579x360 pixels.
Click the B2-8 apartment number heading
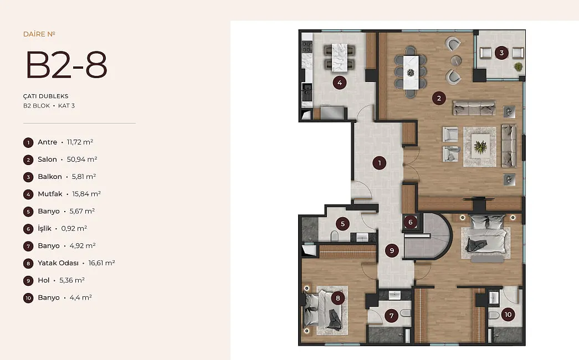[66, 65]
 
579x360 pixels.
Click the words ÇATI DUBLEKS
[46, 96]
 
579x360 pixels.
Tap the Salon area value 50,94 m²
[82, 159]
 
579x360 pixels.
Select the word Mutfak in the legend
[50, 194]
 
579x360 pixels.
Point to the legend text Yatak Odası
[58, 263]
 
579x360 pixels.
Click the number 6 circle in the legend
[28, 229]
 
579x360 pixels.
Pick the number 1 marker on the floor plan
[379, 163]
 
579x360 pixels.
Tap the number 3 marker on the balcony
[501, 53]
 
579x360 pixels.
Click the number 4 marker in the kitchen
[340, 83]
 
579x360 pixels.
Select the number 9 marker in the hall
[392, 251]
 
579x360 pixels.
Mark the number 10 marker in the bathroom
[508, 314]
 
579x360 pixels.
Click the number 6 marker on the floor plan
[410, 222]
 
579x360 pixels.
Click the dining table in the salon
[411, 73]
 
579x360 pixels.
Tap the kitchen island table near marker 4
[340, 57]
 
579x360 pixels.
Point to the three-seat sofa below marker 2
[474, 108]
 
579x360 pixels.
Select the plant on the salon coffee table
[480, 147]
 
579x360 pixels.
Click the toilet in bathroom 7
[404, 313]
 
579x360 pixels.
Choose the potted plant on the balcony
[519, 67]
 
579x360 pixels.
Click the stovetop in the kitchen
[307, 47]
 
